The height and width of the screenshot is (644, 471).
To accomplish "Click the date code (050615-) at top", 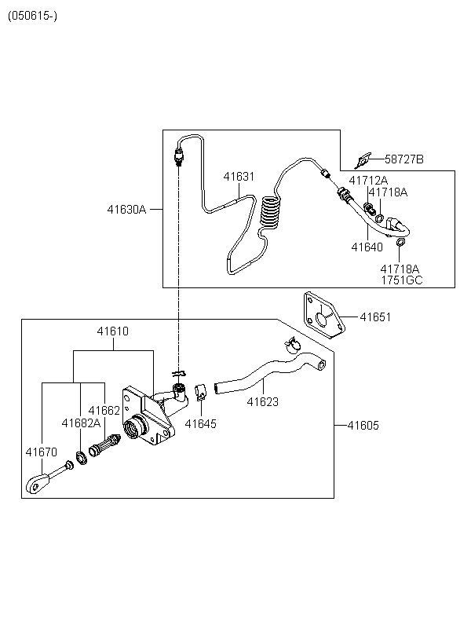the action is [32, 16].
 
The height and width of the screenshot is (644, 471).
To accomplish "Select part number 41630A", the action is [126, 210].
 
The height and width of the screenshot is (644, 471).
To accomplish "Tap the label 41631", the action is [239, 176].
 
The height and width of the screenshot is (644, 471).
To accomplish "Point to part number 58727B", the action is [404, 159].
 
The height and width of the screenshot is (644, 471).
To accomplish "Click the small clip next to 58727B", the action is [363, 160].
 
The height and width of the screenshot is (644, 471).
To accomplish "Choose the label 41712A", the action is [368, 181].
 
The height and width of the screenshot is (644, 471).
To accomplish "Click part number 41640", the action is [367, 247].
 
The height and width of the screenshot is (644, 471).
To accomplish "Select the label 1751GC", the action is [402, 280].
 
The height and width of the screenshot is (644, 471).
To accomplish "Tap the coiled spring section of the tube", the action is [271, 212].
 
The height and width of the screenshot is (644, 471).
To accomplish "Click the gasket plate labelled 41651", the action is [324, 315].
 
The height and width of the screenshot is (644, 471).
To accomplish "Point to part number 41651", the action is [375, 317].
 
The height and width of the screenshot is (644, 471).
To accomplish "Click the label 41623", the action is [262, 401].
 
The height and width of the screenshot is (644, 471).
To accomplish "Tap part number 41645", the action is [200, 423].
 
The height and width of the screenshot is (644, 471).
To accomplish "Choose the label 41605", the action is [363, 426].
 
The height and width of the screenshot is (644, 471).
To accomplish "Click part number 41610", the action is [112, 331].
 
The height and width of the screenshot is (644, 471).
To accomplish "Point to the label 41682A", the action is [81, 423].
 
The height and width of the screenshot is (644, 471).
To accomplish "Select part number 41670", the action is [41, 452].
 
